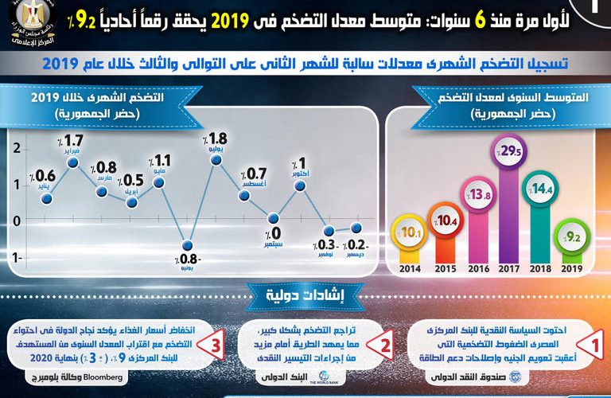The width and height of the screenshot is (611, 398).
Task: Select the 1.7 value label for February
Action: coord(75,143)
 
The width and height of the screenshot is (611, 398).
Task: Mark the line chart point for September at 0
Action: coord(274,218)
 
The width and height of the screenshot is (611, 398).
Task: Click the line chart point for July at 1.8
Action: coord(216,160)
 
